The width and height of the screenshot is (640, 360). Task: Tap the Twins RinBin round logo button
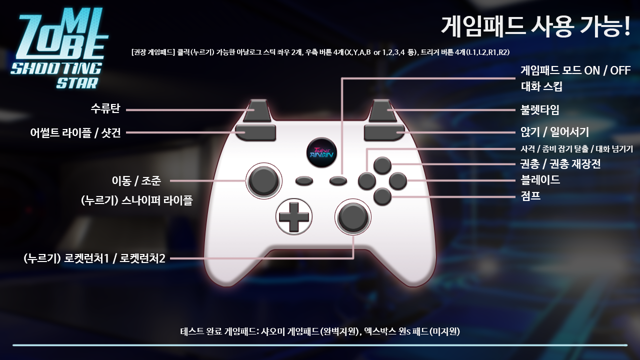[321, 152]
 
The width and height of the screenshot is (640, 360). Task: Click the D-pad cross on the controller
[293, 217]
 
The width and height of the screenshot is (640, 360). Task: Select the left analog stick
[263, 181]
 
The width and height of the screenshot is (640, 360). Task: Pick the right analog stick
[353, 217]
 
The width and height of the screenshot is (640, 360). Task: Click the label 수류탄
[105, 109]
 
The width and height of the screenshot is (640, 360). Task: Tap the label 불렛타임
[539, 109]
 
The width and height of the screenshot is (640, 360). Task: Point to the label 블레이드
[540, 180]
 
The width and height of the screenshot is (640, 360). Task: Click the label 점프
[530, 196]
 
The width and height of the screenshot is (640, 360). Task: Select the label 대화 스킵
[541, 86]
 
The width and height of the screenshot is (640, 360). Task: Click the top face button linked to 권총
[382, 165]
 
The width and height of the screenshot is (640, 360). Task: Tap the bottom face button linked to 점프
[382, 196]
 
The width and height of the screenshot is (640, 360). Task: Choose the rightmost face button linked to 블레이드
[397, 181]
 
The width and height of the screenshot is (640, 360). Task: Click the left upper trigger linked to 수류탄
[257, 110]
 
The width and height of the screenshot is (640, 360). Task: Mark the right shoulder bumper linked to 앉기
[384, 133]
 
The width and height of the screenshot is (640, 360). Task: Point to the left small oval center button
[304, 181]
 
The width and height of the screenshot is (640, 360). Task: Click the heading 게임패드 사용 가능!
[535, 26]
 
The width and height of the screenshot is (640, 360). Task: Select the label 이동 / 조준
[136, 181]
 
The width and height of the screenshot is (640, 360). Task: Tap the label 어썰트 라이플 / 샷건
[75, 133]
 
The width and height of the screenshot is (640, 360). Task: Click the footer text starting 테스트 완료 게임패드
[320, 331]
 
